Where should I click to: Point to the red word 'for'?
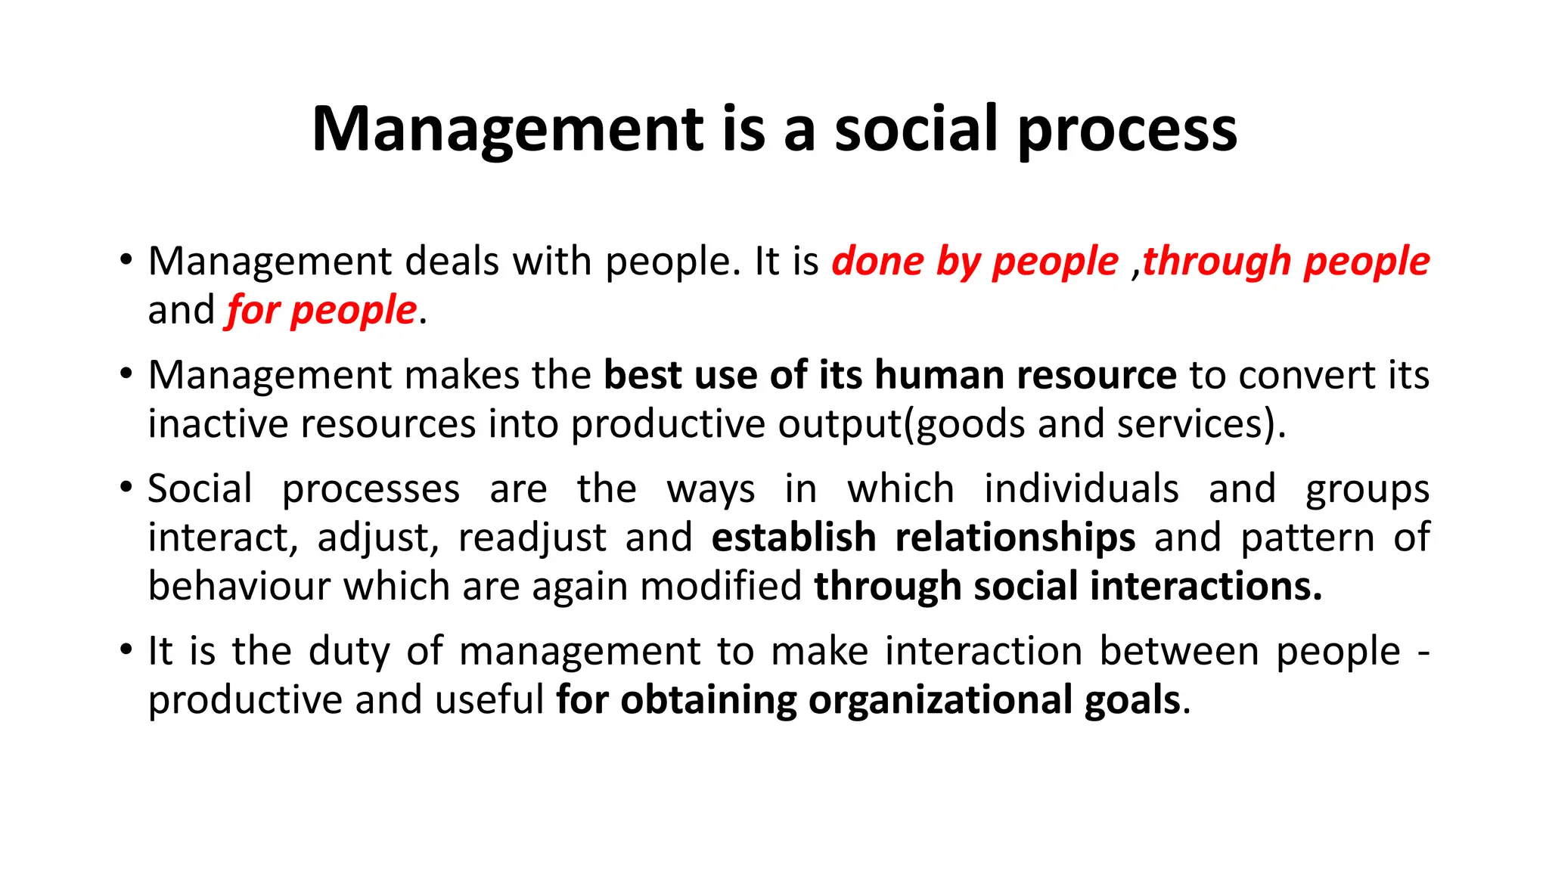(x=253, y=310)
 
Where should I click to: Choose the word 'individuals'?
(x=1081, y=488)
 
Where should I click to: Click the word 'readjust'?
(x=532, y=538)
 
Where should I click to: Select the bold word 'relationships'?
(x=1015, y=538)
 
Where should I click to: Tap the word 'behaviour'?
(x=239, y=586)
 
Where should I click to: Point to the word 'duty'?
(x=349, y=652)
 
